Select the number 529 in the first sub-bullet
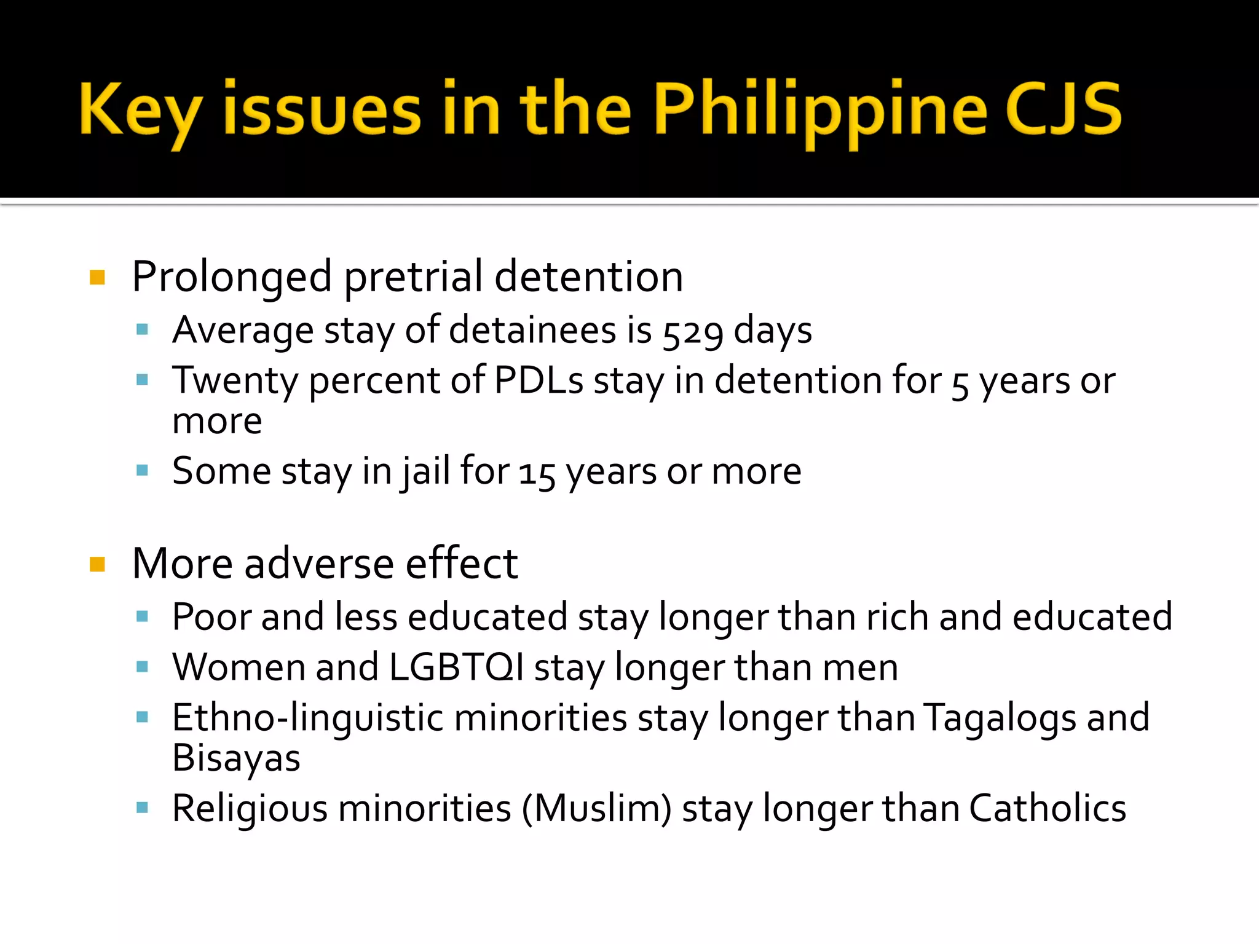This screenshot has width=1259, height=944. tap(693, 332)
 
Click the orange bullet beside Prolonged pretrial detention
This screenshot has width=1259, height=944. tap(97, 278)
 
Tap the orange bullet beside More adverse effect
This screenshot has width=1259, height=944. tap(97, 564)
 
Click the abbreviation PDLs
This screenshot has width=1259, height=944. tap(539, 380)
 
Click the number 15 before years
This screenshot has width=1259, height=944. tap(537, 474)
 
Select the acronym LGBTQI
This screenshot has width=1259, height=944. tap(457, 667)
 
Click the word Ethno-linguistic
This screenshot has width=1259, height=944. tap(307, 718)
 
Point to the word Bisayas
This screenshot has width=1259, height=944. tap(236, 758)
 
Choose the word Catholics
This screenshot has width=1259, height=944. tap(1048, 808)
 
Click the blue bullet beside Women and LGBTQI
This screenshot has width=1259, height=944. tap(143, 667)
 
